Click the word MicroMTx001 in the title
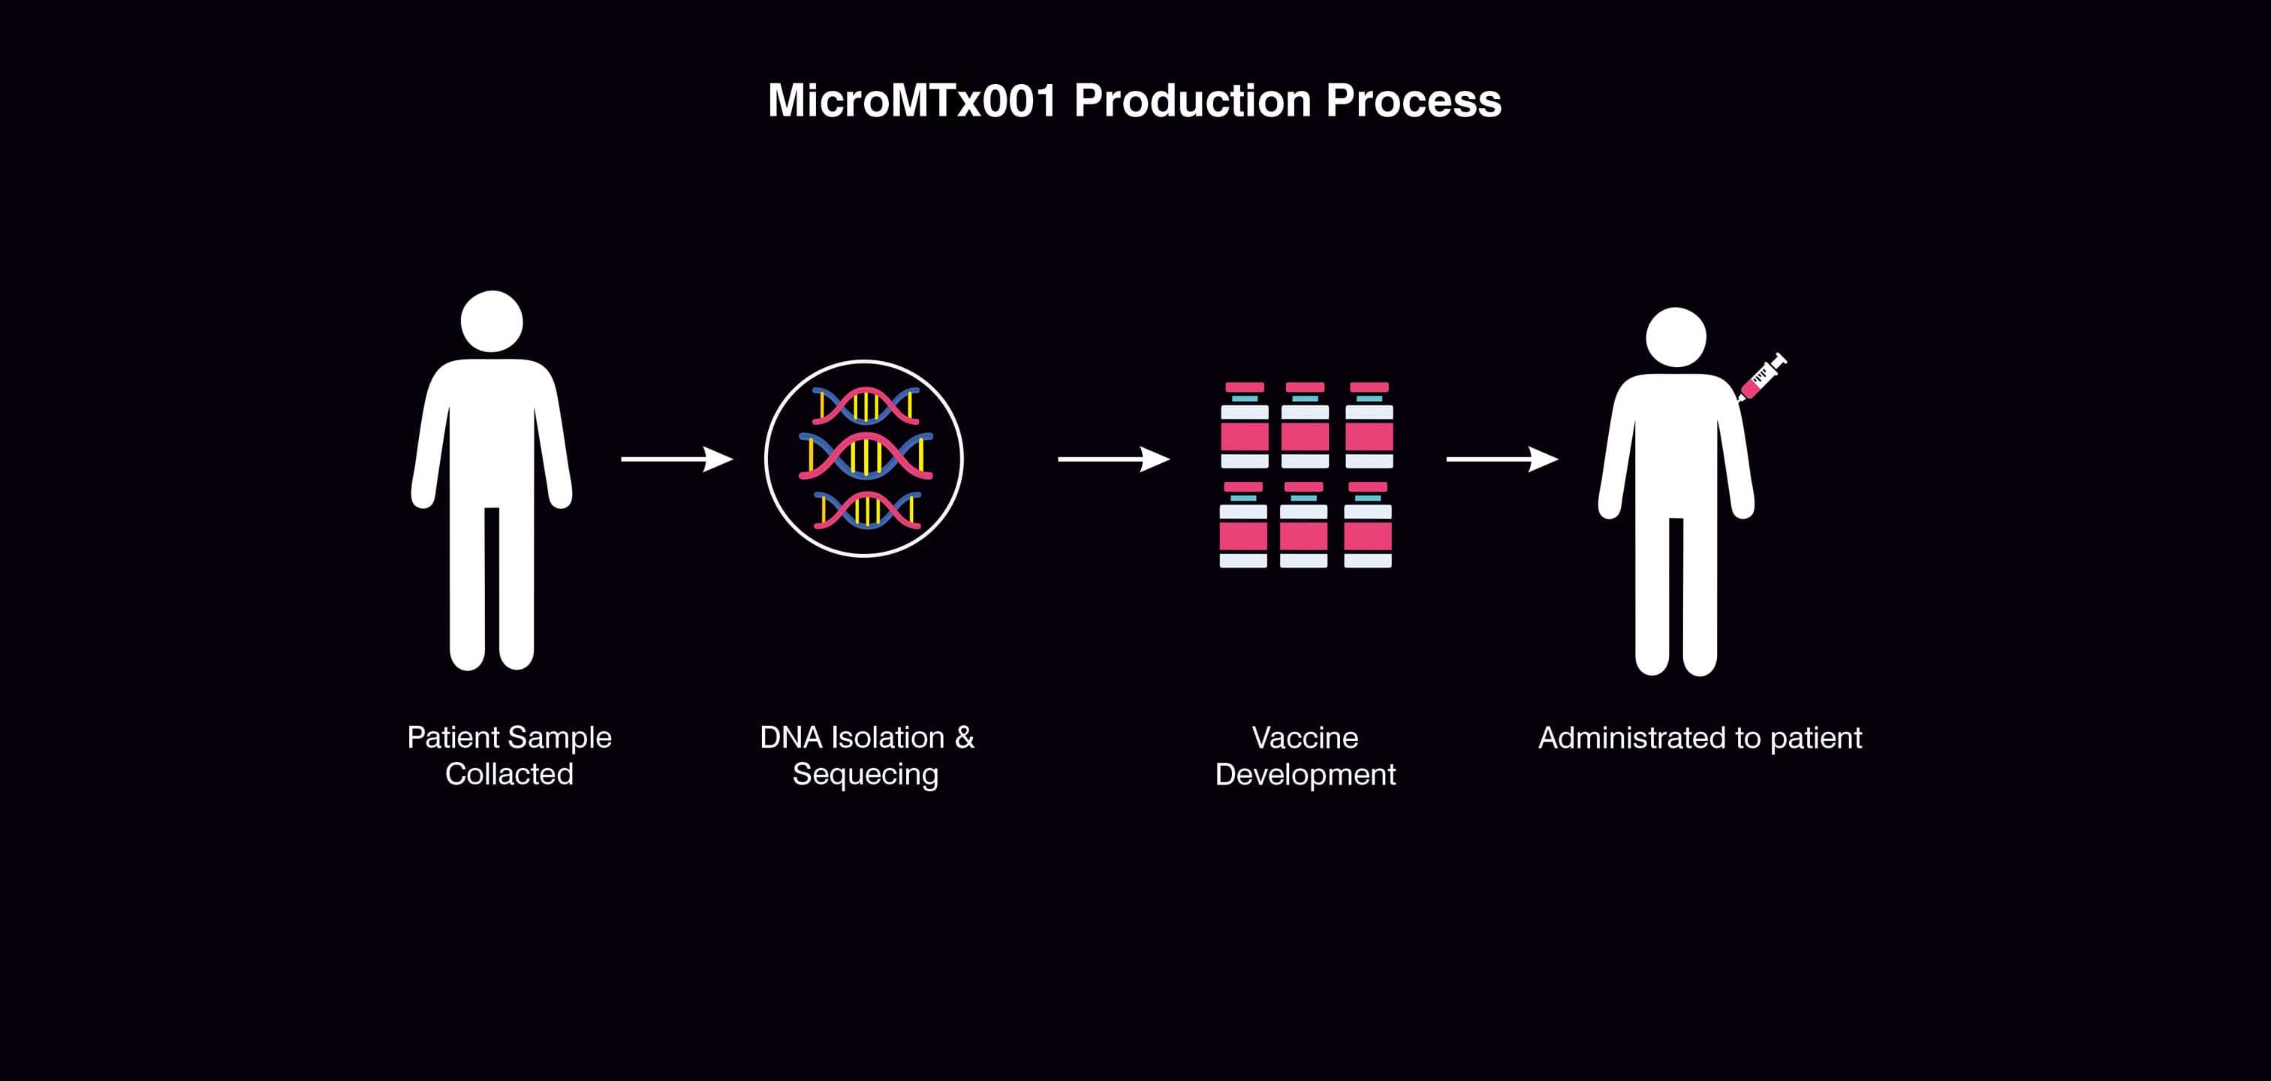(911, 101)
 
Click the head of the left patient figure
(492, 322)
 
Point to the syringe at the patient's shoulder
(1761, 377)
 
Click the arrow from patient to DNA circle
(676, 459)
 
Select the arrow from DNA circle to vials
(1113, 459)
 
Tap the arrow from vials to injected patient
(1501, 459)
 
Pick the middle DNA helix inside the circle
(866, 456)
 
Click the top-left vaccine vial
(1245, 425)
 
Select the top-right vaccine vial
(1369, 425)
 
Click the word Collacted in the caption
(509, 774)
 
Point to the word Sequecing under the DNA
(865, 775)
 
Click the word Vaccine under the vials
(1305, 738)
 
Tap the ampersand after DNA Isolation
(965, 737)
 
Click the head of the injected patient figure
(1676, 338)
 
